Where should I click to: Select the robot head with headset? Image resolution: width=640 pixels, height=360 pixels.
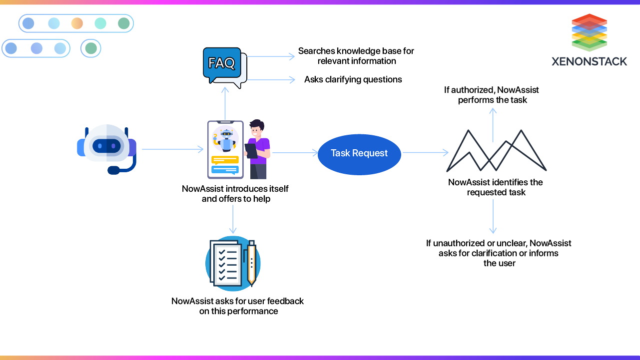click(107, 148)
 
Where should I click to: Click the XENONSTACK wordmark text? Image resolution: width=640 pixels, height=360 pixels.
click(589, 61)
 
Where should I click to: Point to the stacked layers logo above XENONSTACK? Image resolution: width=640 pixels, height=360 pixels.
click(589, 32)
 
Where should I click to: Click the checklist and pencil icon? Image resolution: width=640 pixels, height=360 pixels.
click(233, 263)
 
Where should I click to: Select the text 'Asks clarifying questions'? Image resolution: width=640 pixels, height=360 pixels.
click(353, 79)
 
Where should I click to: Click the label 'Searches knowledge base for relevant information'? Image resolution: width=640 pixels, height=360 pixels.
click(356, 56)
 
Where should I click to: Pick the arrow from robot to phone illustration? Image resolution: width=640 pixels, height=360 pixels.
click(172, 149)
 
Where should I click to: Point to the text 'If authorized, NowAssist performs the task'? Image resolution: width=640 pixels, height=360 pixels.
click(492, 95)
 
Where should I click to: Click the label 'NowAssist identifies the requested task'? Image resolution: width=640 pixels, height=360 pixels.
click(496, 187)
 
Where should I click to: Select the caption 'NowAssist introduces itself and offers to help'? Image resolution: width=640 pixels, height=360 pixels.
click(235, 194)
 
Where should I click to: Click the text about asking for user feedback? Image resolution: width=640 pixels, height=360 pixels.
click(237, 306)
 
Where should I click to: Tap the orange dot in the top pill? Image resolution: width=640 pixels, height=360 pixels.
click(77, 23)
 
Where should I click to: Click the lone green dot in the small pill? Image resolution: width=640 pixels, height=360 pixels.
click(91, 48)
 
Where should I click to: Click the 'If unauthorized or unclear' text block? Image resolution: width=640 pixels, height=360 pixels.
click(499, 253)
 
